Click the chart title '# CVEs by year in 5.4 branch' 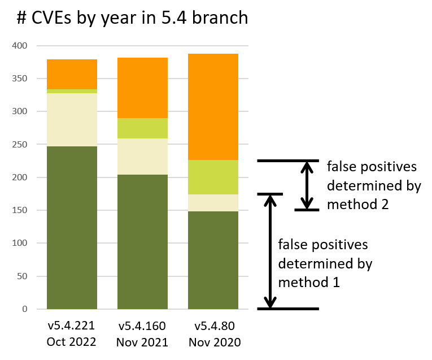[x=132, y=18]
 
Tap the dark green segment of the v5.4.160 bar [x=142, y=241]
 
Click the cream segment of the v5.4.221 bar [x=72, y=119]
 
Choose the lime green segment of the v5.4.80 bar [x=213, y=177]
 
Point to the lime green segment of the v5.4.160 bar [x=142, y=128]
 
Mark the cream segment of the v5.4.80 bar [x=213, y=203]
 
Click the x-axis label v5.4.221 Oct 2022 [x=72, y=334]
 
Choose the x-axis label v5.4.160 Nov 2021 [x=142, y=334]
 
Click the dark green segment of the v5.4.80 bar [x=213, y=260]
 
